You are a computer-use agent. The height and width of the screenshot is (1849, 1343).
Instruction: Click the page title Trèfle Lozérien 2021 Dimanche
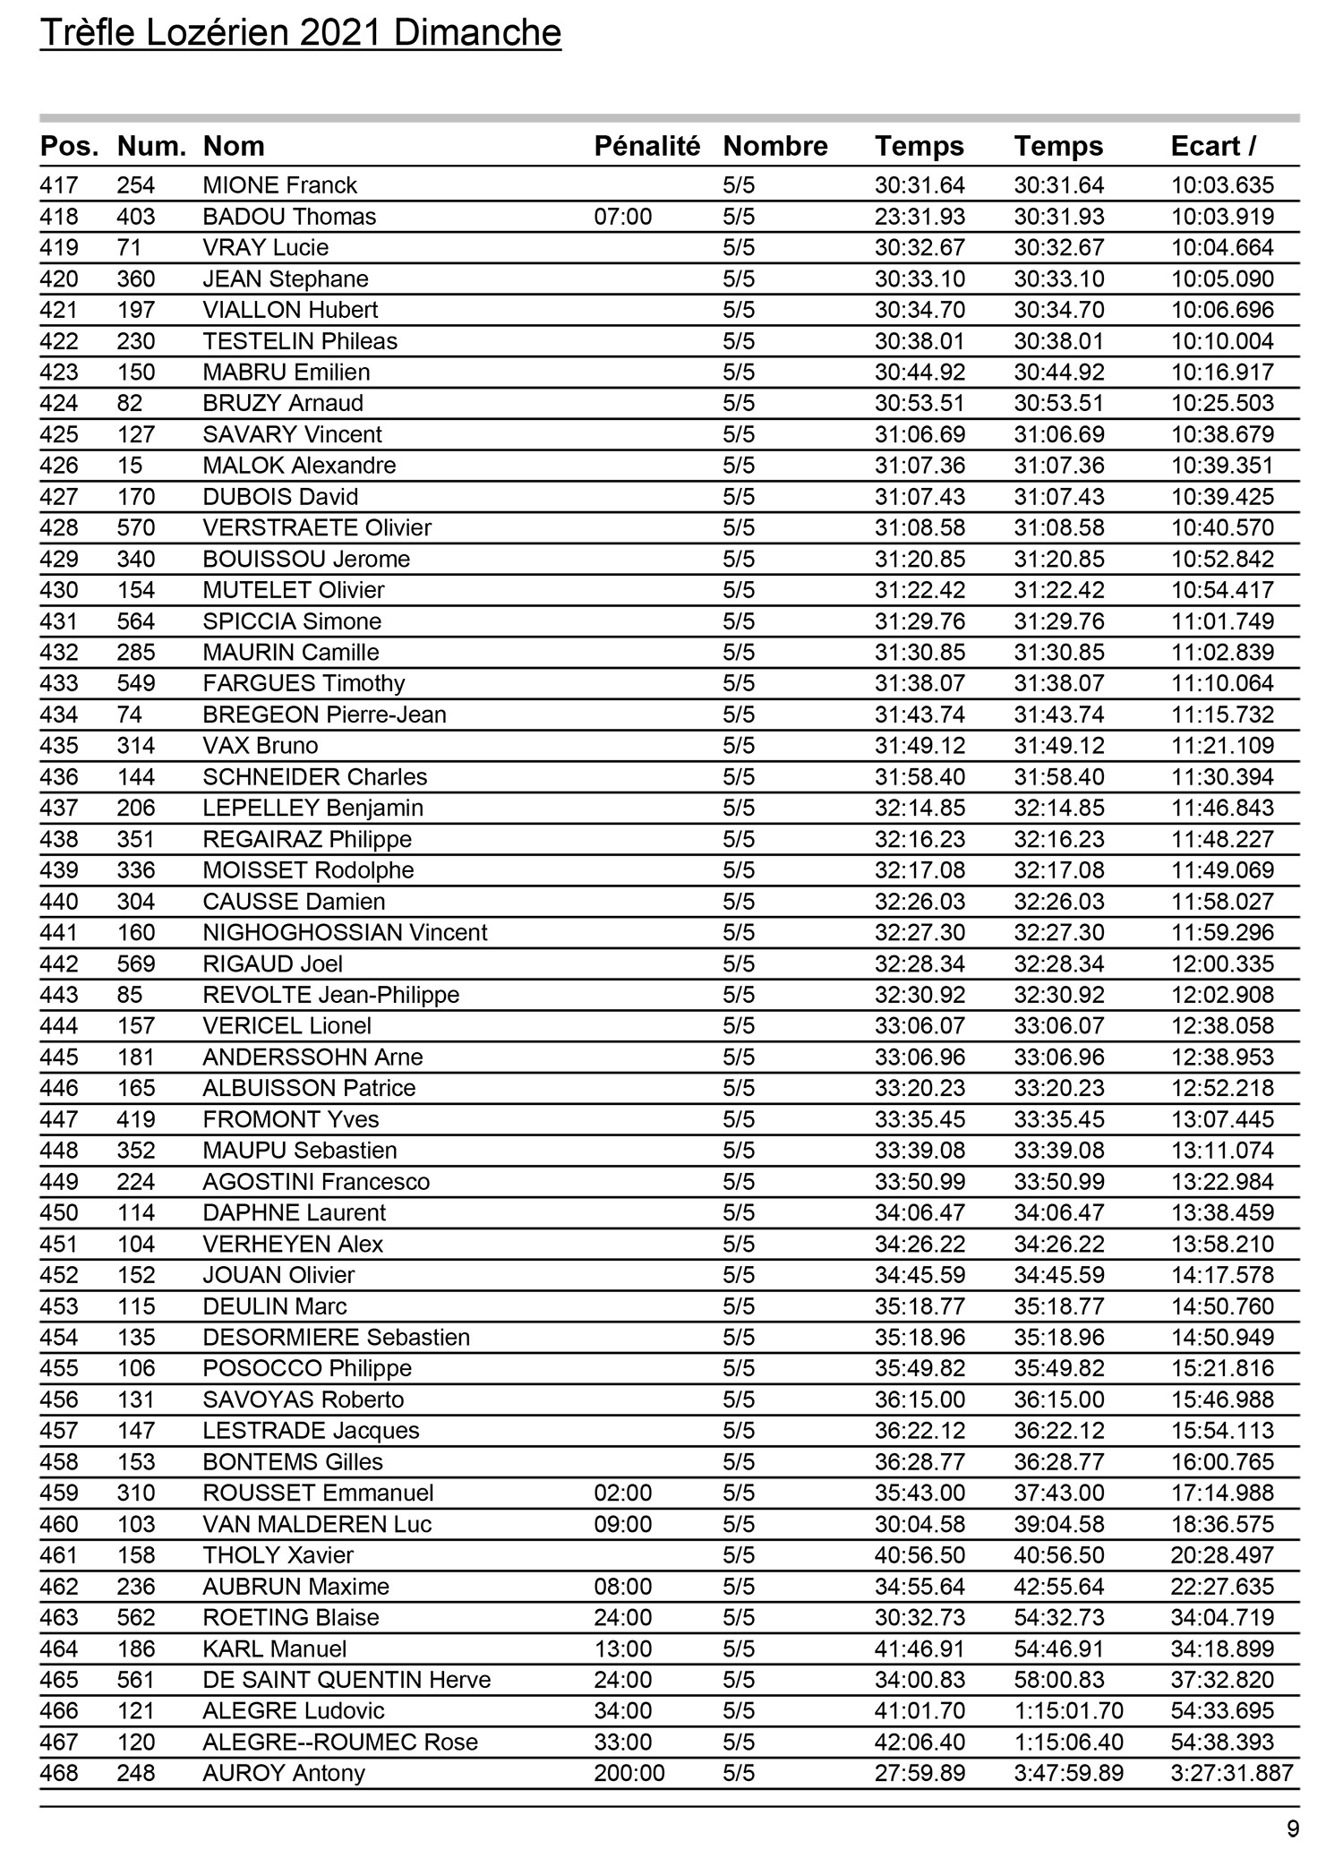click(301, 34)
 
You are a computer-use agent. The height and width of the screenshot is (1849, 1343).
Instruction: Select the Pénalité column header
click(646, 146)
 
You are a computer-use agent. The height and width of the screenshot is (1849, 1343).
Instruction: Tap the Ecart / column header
click(1213, 146)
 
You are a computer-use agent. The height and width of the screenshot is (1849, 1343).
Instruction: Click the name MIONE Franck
click(279, 185)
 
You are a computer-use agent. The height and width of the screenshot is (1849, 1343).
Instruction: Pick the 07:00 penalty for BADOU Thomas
click(623, 217)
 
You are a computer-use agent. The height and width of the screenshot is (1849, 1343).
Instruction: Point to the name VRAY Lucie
click(266, 248)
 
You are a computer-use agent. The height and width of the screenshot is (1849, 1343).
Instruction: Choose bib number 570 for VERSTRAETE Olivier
click(136, 528)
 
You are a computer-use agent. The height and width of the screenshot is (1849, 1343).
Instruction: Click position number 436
click(59, 777)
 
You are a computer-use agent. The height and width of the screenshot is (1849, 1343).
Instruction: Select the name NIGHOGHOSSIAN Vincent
click(345, 933)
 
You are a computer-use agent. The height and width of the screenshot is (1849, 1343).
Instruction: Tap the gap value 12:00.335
click(1222, 964)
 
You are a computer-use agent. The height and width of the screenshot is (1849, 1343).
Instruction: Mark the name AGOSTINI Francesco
click(316, 1182)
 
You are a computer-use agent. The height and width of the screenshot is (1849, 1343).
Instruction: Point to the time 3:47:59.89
click(1068, 1774)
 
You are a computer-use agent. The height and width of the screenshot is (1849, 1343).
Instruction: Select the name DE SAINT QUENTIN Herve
click(346, 1681)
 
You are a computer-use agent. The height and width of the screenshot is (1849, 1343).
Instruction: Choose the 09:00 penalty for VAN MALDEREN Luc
click(623, 1525)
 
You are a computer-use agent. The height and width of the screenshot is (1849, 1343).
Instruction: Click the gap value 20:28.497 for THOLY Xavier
click(1222, 1556)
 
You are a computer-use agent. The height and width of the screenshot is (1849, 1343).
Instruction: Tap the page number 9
click(1292, 1828)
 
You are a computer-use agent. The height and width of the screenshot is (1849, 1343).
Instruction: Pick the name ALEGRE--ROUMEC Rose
click(340, 1742)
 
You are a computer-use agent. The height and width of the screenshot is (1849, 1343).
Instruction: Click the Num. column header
click(151, 146)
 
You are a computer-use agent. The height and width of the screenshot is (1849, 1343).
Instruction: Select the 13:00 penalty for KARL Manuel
click(623, 1649)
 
